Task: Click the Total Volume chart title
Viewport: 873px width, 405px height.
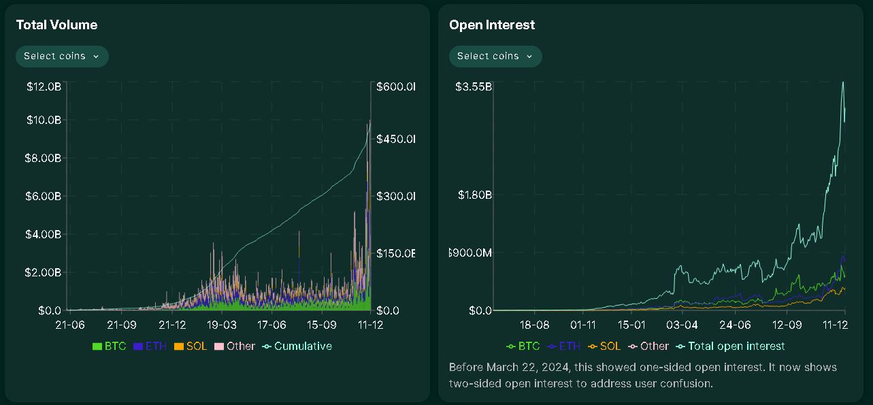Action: (56, 25)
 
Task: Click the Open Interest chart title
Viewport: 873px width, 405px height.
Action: (492, 25)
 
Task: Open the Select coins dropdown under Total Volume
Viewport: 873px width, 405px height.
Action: (62, 56)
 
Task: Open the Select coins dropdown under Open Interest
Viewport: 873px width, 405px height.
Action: (495, 56)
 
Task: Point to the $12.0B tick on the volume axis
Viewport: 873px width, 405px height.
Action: (44, 87)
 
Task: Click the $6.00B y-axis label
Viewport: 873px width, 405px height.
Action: (44, 196)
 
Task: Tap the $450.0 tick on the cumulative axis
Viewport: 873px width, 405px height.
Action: (395, 139)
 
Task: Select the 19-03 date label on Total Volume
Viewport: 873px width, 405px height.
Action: (222, 325)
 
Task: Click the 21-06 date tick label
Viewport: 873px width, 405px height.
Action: (70, 325)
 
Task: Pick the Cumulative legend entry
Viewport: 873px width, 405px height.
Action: (298, 346)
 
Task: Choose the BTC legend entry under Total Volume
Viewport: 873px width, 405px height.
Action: (109, 346)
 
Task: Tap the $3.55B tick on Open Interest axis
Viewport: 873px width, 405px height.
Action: (474, 87)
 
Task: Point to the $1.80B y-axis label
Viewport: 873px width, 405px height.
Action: (474, 195)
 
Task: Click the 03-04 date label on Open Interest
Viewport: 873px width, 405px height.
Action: (682, 325)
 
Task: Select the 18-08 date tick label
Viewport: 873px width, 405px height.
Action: (534, 325)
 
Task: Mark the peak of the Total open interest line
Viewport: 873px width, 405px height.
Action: (844, 82)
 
